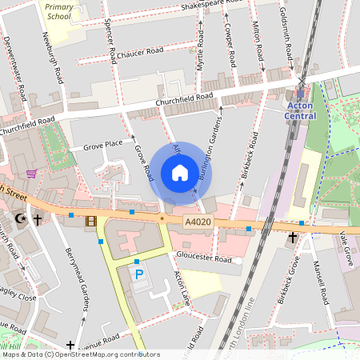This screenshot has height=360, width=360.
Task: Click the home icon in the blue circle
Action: [x=180, y=173]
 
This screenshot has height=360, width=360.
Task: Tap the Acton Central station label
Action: [x=301, y=110]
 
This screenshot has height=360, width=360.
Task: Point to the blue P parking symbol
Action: [x=139, y=274]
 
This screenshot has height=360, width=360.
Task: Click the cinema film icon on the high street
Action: [x=90, y=221]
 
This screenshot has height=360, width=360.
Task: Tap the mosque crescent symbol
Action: [x=22, y=218]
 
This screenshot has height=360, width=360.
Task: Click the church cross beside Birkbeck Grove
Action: [x=293, y=238]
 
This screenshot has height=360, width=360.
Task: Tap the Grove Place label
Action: [x=102, y=145]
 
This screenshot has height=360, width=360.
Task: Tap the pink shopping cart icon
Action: [x=31, y=174]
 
